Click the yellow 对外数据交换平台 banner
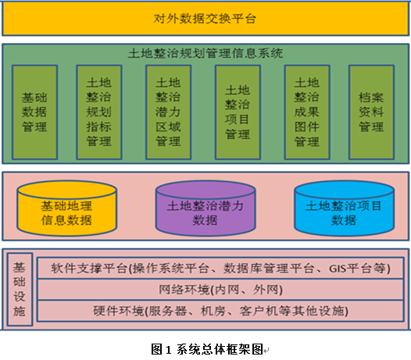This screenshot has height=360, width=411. pyautogui.click(x=205, y=18)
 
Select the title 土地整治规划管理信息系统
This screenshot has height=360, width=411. pyautogui.click(x=205, y=53)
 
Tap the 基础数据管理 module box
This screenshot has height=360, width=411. pyautogui.click(x=34, y=112)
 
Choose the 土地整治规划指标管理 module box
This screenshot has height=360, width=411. pyautogui.click(x=99, y=112)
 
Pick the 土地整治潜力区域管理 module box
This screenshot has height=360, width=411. pyautogui.click(x=168, y=112)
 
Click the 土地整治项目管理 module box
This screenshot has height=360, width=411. pyautogui.click(x=238, y=112)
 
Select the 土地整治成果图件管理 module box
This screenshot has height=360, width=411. pyautogui.click(x=307, y=112)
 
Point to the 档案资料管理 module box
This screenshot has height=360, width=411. pyautogui.click(x=371, y=112)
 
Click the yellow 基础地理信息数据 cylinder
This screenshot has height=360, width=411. pyautogui.click(x=67, y=209)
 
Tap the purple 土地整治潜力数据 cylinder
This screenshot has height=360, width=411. pyautogui.click(x=205, y=209)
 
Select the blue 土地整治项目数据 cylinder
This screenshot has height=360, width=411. pyautogui.click(x=344, y=209)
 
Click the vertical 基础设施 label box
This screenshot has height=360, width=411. pyautogui.click(x=20, y=289)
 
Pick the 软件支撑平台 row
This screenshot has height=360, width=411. pyautogui.click(x=220, y=269)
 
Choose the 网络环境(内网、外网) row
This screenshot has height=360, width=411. pyautogui.click(x=220, y=290)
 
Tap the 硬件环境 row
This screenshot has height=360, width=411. pyautogui.click(x=220, y=311)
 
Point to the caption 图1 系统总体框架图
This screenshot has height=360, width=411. pyautogui.click(x=207, y=349)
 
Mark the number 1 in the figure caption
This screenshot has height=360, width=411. pyautogui.click(x=169, y=350)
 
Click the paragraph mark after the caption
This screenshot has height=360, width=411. pyautogui.click(x=266, y=351)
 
